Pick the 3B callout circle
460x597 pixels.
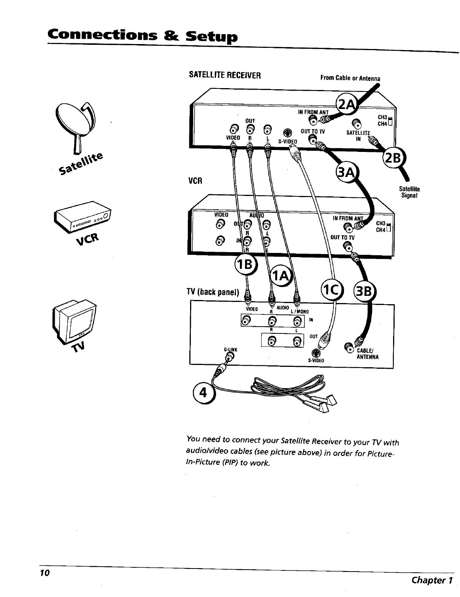click(365, 292)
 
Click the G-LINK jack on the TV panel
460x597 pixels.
click(228, 355)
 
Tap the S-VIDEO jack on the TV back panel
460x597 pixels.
click(315, 352)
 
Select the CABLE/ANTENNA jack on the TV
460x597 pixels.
click(348, 346)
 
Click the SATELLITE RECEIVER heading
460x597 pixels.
click(225, 75)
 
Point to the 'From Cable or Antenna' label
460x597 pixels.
click(350, 78)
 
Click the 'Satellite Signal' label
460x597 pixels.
click(409, 192)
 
